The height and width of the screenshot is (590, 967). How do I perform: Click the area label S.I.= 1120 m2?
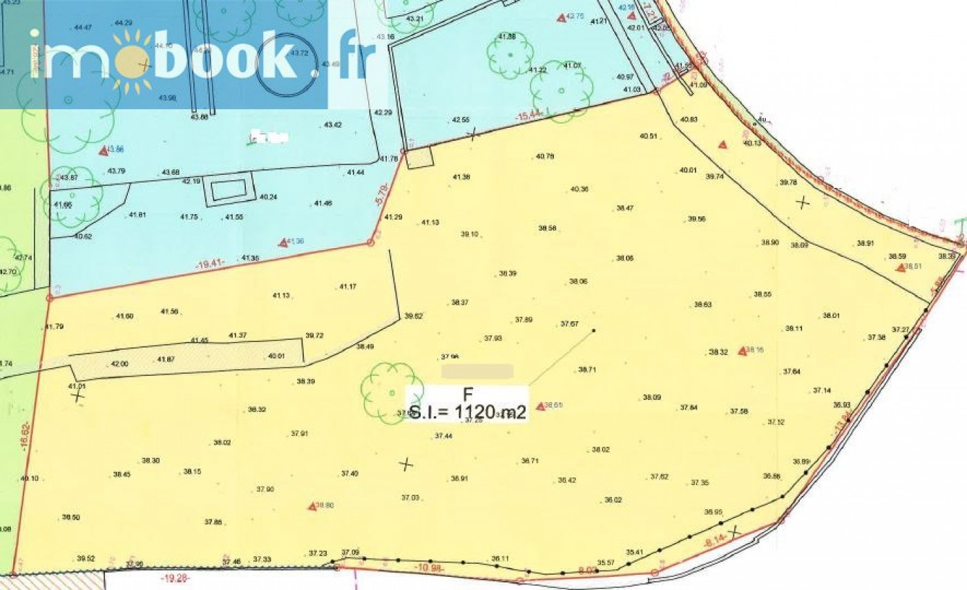468,413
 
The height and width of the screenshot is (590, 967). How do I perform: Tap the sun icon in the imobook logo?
131,62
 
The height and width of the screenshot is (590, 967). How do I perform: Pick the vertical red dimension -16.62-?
23,435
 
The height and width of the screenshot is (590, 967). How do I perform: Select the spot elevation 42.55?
461,120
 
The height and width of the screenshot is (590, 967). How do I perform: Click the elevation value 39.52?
86,558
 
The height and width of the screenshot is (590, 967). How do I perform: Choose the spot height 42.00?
119,363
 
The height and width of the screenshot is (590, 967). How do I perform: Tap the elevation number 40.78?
545,155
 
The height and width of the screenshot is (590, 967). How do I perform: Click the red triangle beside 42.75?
561,16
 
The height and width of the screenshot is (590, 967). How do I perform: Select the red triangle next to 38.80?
312,506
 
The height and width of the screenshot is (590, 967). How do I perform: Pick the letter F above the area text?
468,395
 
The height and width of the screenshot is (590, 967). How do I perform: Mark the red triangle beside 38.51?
901,267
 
